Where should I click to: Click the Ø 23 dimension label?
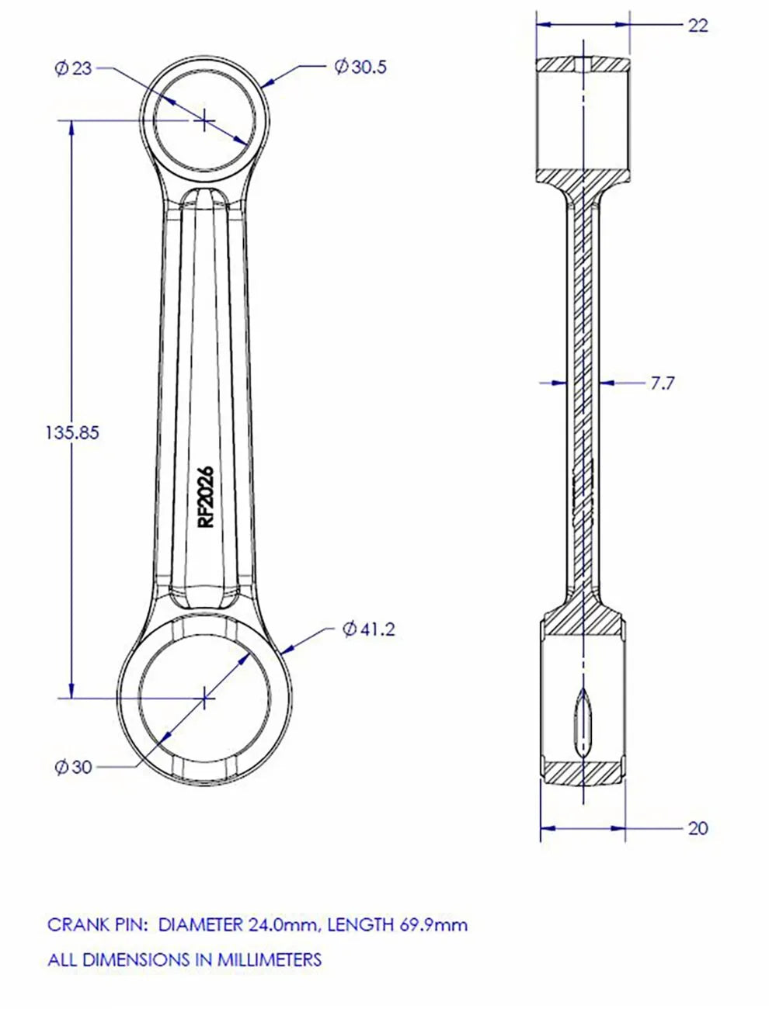tap(74, 68)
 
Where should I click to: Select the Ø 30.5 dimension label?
tap(360, 67)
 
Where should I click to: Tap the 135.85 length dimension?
tap(72, 432)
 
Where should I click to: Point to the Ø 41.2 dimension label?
tap(369, 629)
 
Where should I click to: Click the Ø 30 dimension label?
tap(74, 767)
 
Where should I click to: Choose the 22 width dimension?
tap(698, 25)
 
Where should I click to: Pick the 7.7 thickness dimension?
tap(662, 383)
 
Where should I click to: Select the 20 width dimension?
tap(698, 828)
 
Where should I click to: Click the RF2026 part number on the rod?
tap(206, 498)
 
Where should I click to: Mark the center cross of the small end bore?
tap(204, 120)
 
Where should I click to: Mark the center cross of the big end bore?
tap(204, 697)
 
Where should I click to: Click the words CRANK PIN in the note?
tap(96, 924)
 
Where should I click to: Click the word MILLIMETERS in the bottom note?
tap(269, 959)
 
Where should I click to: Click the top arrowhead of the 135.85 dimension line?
tap(72, 127)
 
